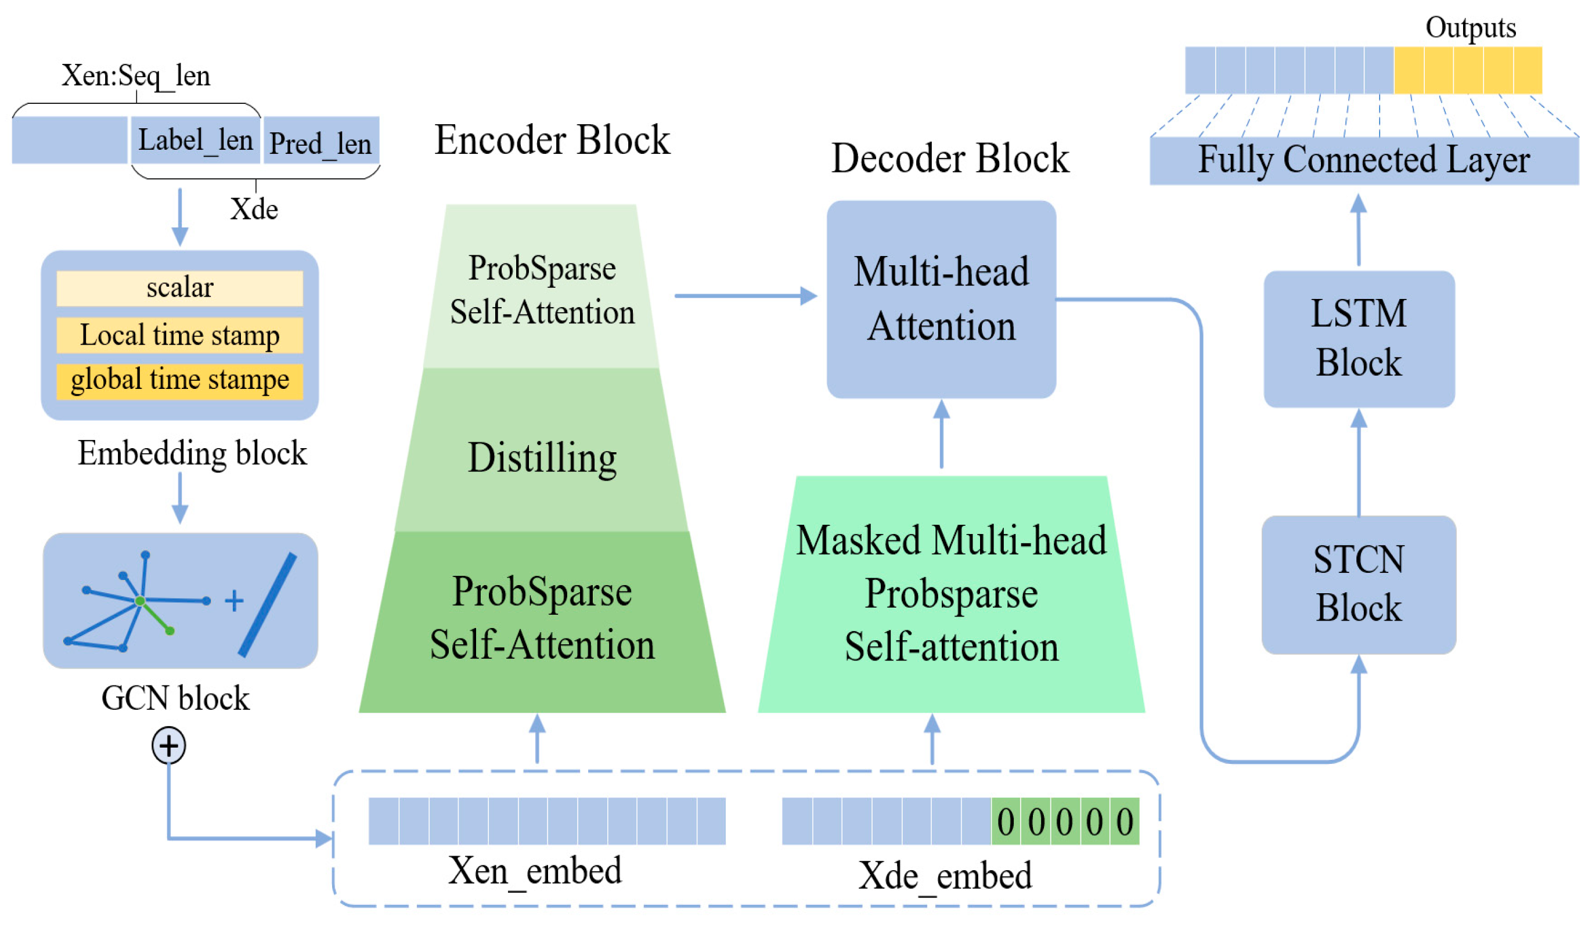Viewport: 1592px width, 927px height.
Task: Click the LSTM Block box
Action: tap(1358, 339)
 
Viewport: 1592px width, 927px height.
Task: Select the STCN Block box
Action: tap(1358, 584)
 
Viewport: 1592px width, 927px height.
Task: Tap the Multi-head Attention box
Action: tap(941, 300)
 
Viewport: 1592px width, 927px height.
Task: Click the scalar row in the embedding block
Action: tap(179, 288)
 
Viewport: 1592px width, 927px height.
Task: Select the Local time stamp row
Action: tap(179, 335)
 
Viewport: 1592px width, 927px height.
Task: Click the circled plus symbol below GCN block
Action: tap(169, 745)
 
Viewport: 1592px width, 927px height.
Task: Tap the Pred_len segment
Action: tap(320, 142)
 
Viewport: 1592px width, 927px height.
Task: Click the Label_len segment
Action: tap(195, 140)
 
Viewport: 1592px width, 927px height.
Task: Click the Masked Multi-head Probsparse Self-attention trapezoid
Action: tap(951, 594)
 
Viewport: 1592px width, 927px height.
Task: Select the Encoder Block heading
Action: tap(552, 140)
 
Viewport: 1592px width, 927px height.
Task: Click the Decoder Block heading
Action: tap(949, 158)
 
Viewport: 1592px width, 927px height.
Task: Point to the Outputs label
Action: tap(1470, 28)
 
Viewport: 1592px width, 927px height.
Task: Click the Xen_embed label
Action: tap(535, 871)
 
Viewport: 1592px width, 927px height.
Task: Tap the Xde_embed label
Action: tap(945, 876)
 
